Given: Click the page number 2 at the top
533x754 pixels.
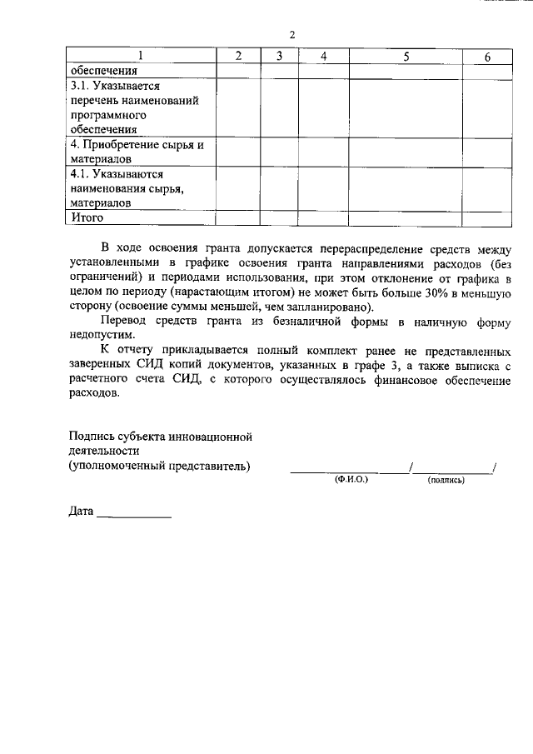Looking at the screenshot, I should pyautogui.click(x=291, y=34).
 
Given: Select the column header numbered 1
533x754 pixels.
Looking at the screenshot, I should pyautogui.click(x=140, y=56).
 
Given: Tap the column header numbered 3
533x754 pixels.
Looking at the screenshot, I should pyautogui.click(x=280, y=56).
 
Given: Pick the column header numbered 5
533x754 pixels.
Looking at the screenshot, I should pyautogui.click(x=406, y=56).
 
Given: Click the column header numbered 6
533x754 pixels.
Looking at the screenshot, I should pyautogui.click(x=487, y=56).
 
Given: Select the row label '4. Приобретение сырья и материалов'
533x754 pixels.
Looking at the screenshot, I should pyautogui.click(x=137, y=151).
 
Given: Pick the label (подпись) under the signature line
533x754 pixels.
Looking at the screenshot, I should pyautogui.click(x=446, y=481).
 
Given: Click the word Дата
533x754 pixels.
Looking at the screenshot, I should pyautogui.click(x=81, y=512).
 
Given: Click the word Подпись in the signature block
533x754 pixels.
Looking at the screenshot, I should pyautogui.click(x=93, y=436).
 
